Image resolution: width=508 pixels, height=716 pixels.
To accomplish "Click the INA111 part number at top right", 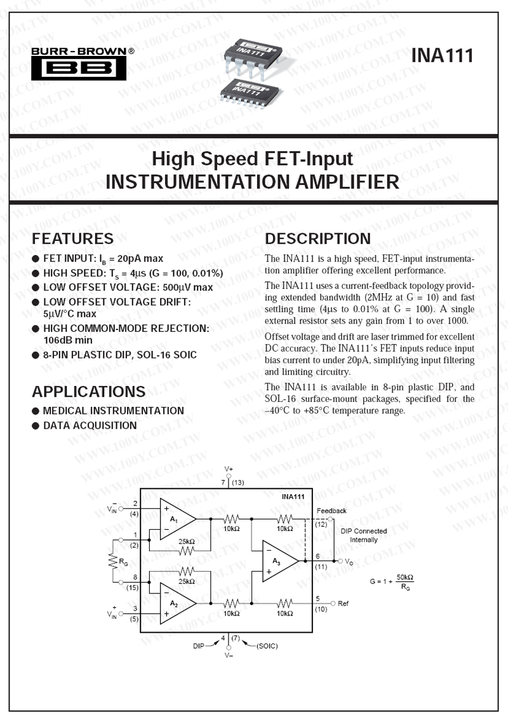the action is click(x=442, y=55).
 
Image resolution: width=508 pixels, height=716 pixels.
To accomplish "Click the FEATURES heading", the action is click(x=72, y=238).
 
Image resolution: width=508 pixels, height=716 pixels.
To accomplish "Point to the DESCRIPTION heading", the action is click(x=318, y=238).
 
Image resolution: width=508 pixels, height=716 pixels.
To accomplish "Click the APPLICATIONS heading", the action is click(x=88, y=391).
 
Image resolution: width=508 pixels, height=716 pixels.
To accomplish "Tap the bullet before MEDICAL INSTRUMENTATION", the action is click(x=36, y=411).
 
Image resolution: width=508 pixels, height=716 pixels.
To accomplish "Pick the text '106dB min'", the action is click(x=67, y=340).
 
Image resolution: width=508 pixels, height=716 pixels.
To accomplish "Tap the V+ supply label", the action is click(x=229, y=469).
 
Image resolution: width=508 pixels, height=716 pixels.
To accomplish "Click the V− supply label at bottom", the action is click(x=229, y=655).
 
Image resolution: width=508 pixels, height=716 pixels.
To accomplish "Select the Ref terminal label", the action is click(x=343, y=603).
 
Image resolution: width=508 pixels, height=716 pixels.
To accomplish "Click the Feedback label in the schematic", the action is click(x=331, y=511).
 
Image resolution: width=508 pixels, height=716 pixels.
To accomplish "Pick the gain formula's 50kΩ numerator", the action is click(x=404, y=577).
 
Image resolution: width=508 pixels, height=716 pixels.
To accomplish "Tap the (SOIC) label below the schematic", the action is click(x=267, y=645).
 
